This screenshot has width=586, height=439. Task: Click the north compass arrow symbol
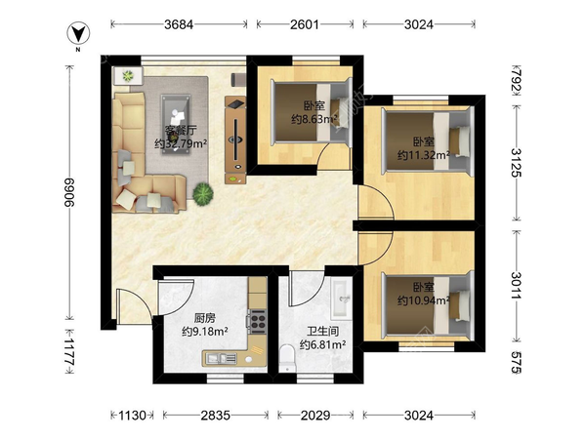coord(78,33)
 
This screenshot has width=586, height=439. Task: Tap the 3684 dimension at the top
coord(179,24)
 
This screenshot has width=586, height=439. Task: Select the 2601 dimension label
coord(305,24)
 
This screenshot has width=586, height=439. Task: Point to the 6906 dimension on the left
coord(69,192)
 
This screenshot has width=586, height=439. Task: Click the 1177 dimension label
coord(69,352)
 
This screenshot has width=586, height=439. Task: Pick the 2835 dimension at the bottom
coord(215,416)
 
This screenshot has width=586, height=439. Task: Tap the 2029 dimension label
coord(315,416)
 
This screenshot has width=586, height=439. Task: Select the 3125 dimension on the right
coord(516,163)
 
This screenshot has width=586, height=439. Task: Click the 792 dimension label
coord(516,81)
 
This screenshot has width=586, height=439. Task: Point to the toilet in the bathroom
coord(287,358)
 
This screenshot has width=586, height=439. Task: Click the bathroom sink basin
coord(342,299)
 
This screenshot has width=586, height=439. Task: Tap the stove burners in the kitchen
coord(258,321)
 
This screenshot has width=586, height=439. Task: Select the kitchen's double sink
coord(222,358)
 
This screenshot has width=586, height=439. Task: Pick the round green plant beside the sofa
coord(203,194)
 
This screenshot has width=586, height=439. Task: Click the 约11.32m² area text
coord(424,155)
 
